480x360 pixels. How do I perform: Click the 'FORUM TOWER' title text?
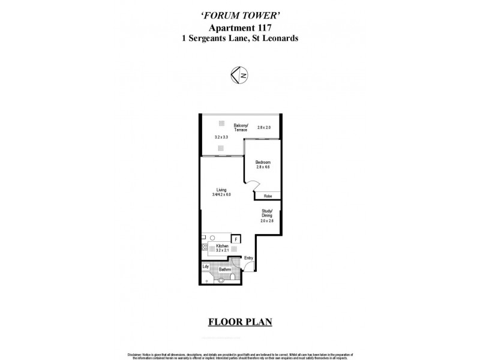pos(240,17)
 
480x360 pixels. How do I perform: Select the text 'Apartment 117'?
pos(240,28)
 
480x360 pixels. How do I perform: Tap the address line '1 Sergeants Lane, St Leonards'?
pos(240,38)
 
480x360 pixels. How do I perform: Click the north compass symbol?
pos(240,74)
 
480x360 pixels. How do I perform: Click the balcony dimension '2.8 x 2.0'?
pos(264,127)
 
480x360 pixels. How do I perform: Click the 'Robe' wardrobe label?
pos(268,196)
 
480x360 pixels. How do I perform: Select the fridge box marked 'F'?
pos(236,239)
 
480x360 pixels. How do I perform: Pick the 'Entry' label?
pos(248,258)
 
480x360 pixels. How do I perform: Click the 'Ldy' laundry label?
pos(205,266)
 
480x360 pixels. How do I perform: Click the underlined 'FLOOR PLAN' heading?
pos(240,322)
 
